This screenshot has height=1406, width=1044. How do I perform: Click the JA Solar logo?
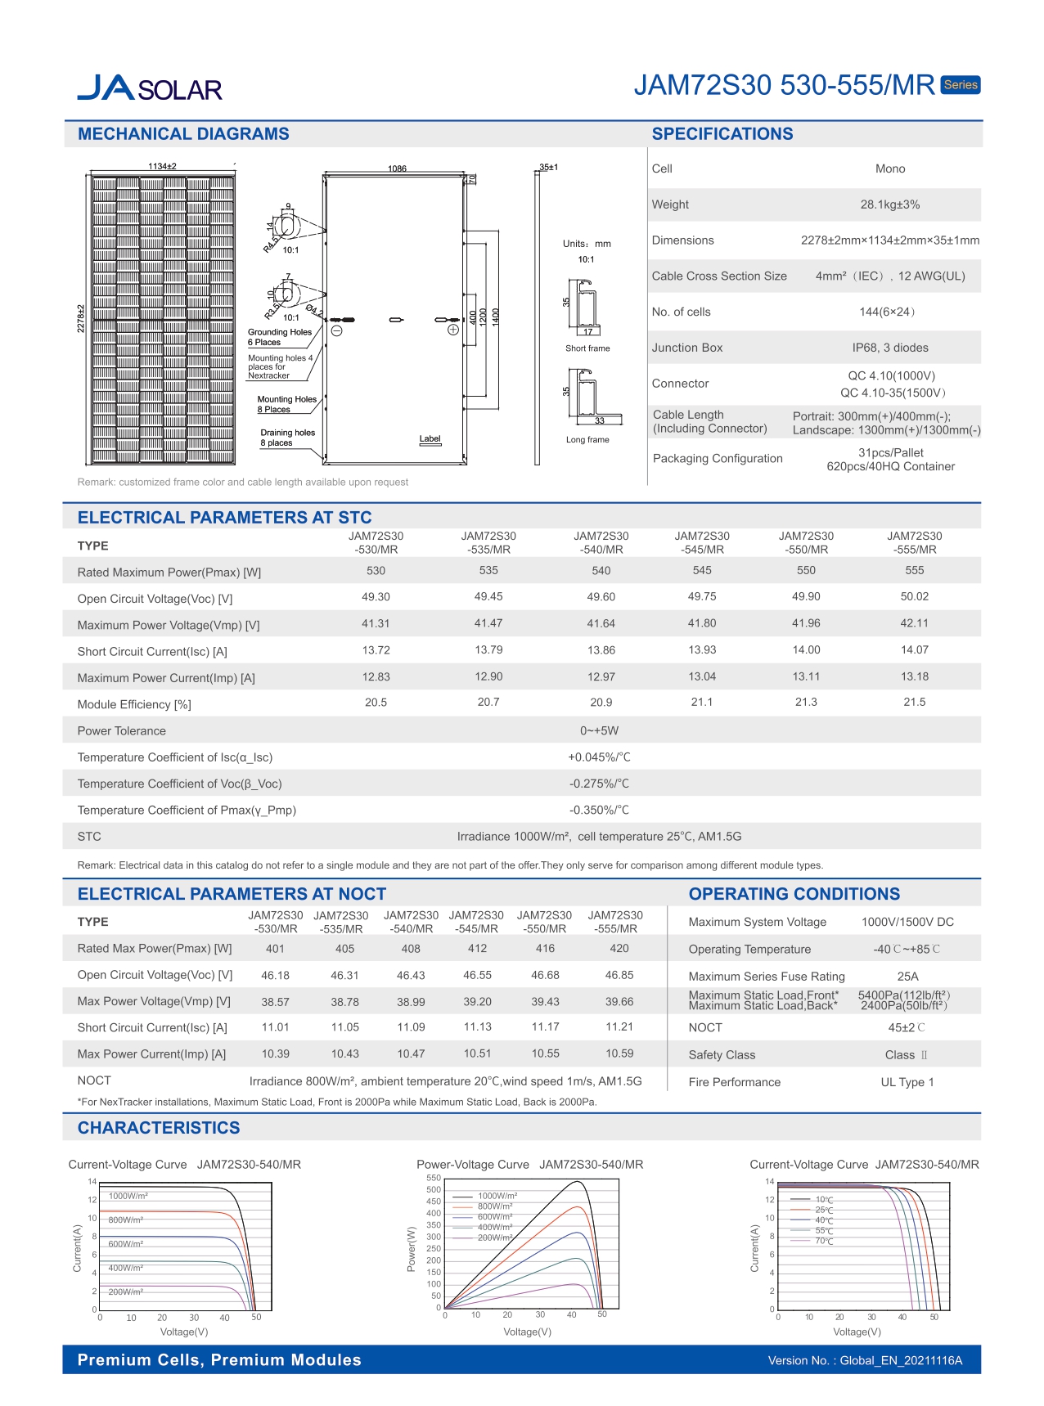[x=150, y=88]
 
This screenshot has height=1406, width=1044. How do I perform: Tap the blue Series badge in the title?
[x=960, y=85]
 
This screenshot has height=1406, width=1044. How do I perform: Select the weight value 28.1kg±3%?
[x=889, y=204]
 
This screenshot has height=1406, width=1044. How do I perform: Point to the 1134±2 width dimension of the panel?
[x=162, y=166]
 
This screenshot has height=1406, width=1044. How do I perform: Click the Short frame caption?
[x=587, y=348]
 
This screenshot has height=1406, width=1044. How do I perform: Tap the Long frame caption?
[x=587, y=440]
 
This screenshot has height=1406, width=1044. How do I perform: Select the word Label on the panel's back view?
[x=430, y=439]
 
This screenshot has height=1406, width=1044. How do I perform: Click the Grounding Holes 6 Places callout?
[x=279, y=337]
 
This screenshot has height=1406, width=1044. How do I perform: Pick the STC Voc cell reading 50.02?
[x=914, y=597]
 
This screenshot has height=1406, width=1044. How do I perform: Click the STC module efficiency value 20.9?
[x=601, y=703]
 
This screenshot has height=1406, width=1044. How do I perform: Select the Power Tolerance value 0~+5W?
[x=599, y=730]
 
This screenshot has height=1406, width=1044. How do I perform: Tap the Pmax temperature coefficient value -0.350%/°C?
[x=599, y=810]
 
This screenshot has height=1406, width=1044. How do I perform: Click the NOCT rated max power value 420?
[x=619, y=949]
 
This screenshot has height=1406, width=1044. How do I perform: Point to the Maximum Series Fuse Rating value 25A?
[x=907, y=977]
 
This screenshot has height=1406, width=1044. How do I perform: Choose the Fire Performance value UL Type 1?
[x=907, y=1082]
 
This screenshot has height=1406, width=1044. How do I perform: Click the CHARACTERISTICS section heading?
[x=159, y=1128]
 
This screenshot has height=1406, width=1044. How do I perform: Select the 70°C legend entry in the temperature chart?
[x=823, y=1242]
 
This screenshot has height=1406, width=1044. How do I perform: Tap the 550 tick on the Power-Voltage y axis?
[x=434, y=1179]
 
